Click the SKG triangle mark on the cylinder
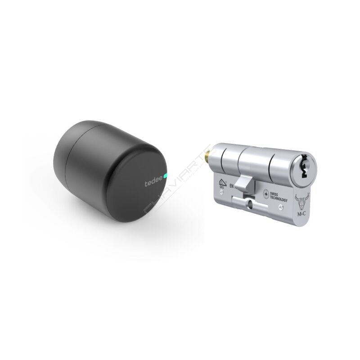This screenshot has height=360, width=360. [222, 182]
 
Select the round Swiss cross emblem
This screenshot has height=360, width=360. [266, 194]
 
